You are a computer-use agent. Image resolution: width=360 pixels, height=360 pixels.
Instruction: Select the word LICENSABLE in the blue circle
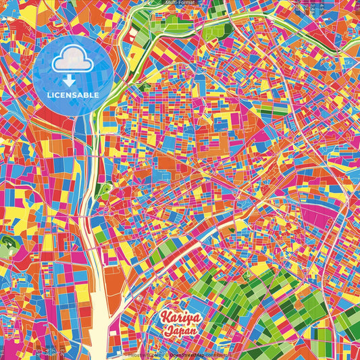(x=73, y=95)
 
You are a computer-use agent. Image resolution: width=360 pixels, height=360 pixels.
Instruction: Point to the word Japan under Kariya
(x=180, y=331)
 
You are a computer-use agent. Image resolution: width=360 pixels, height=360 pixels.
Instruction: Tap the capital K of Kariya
(x=166, y=317)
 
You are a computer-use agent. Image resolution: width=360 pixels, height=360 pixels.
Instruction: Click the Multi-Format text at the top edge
(x=180, y=3)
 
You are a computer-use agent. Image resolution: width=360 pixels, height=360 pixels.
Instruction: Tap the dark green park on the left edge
(x=9, y=246)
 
